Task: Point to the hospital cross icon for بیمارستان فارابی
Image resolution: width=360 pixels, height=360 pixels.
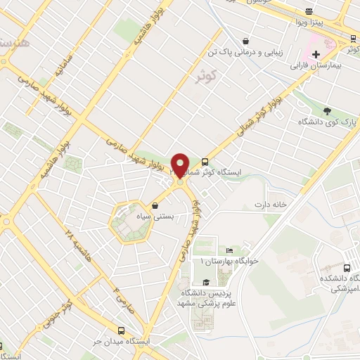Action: pyautogui.click(x=316, y=53)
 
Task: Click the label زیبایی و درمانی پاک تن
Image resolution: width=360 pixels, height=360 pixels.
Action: pyautogui.click(x=247, y=52)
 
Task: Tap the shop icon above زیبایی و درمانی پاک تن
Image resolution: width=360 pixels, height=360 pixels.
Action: pyautogui.click(x=245, y=41)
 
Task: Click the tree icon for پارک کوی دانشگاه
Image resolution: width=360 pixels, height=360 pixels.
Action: pyautogui.click(x=327, y=110)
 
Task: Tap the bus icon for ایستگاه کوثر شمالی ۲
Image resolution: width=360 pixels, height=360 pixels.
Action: pyautogui.click(x=205, y=161)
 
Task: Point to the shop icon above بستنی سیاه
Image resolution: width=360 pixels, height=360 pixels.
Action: pyautogui.click(x=154, y=207)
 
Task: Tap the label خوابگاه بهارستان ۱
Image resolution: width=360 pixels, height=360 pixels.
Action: pyautogui.click(x=230, y=261)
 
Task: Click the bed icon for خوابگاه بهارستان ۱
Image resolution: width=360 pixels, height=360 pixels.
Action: pyautogui.click(x=229, y=250)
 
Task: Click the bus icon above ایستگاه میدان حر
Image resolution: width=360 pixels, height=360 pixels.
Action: pyautogui.click(x=122, y=330)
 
